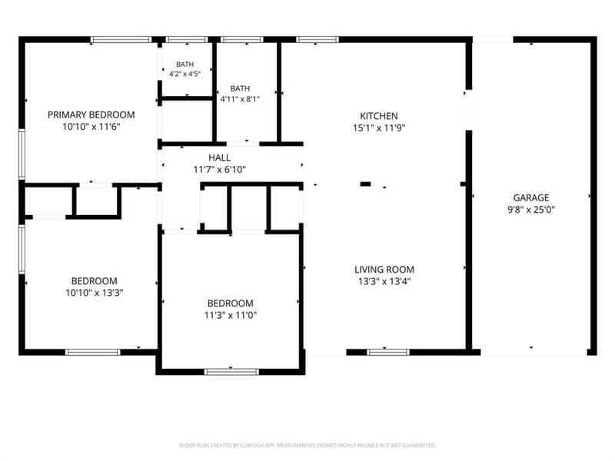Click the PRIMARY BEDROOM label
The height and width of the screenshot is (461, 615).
coord(91,114)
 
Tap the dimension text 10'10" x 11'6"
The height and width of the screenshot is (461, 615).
coord(91,127)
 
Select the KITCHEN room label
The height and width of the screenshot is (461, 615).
coord(379,116)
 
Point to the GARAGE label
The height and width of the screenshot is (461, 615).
coord(531,197)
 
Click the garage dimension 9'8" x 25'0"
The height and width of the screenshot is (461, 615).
coord(531,209)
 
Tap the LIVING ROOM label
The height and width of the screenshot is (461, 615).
coord(384,270)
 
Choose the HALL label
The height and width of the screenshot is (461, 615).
coord(220,158)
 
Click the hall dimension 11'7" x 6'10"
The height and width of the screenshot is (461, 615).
coord(220,169)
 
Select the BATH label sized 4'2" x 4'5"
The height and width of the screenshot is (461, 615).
coord(184,65)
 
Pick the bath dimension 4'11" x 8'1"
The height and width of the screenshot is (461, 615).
coord(240,99)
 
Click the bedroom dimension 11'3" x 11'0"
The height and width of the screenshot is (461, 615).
coord(230,315)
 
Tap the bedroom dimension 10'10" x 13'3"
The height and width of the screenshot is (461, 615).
coord(94,293)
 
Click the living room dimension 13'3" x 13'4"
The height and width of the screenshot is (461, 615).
coord(384,281)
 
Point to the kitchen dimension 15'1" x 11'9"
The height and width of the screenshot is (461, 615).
coord(379,128)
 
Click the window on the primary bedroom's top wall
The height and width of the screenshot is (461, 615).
coord(121,40)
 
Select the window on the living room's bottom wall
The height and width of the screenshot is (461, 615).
coord(388,352)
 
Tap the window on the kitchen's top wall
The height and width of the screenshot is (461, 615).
coord(317,40)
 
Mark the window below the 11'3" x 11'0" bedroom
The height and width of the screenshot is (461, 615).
coord(231,372)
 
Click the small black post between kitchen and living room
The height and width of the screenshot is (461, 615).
coord(366,184)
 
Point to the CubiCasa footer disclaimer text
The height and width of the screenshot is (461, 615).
coord(307,446)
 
